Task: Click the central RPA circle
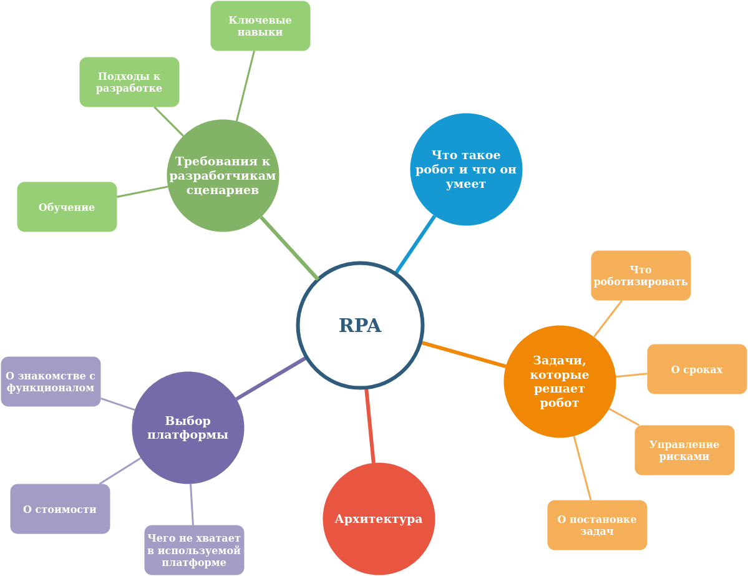tap(360, 325)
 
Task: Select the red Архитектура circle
tap(379, 519)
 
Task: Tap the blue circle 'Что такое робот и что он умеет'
tap(466, 169)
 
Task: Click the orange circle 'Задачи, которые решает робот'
tap(560, 381)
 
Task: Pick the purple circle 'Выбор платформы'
tap(188, 427)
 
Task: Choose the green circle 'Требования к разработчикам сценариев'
tap(223, 175)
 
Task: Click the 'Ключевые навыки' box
tap(260, 26)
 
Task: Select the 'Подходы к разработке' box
tap(129, 82)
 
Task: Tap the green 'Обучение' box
tap(67, 207)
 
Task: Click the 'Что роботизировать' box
tap(641, 275)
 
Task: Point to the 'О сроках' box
tap(697, 369)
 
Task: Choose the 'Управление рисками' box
tap(684, 450)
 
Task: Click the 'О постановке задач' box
tap(597, 525)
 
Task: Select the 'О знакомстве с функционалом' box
tap(51, 381)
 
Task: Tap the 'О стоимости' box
tap(60, 509)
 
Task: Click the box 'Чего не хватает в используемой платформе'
tap(194, 550)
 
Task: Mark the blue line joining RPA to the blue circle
tap(415, 244)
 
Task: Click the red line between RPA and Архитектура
tap(370, 426)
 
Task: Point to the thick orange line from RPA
tap(464, 354)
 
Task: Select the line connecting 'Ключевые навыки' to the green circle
tap(245, 85)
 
